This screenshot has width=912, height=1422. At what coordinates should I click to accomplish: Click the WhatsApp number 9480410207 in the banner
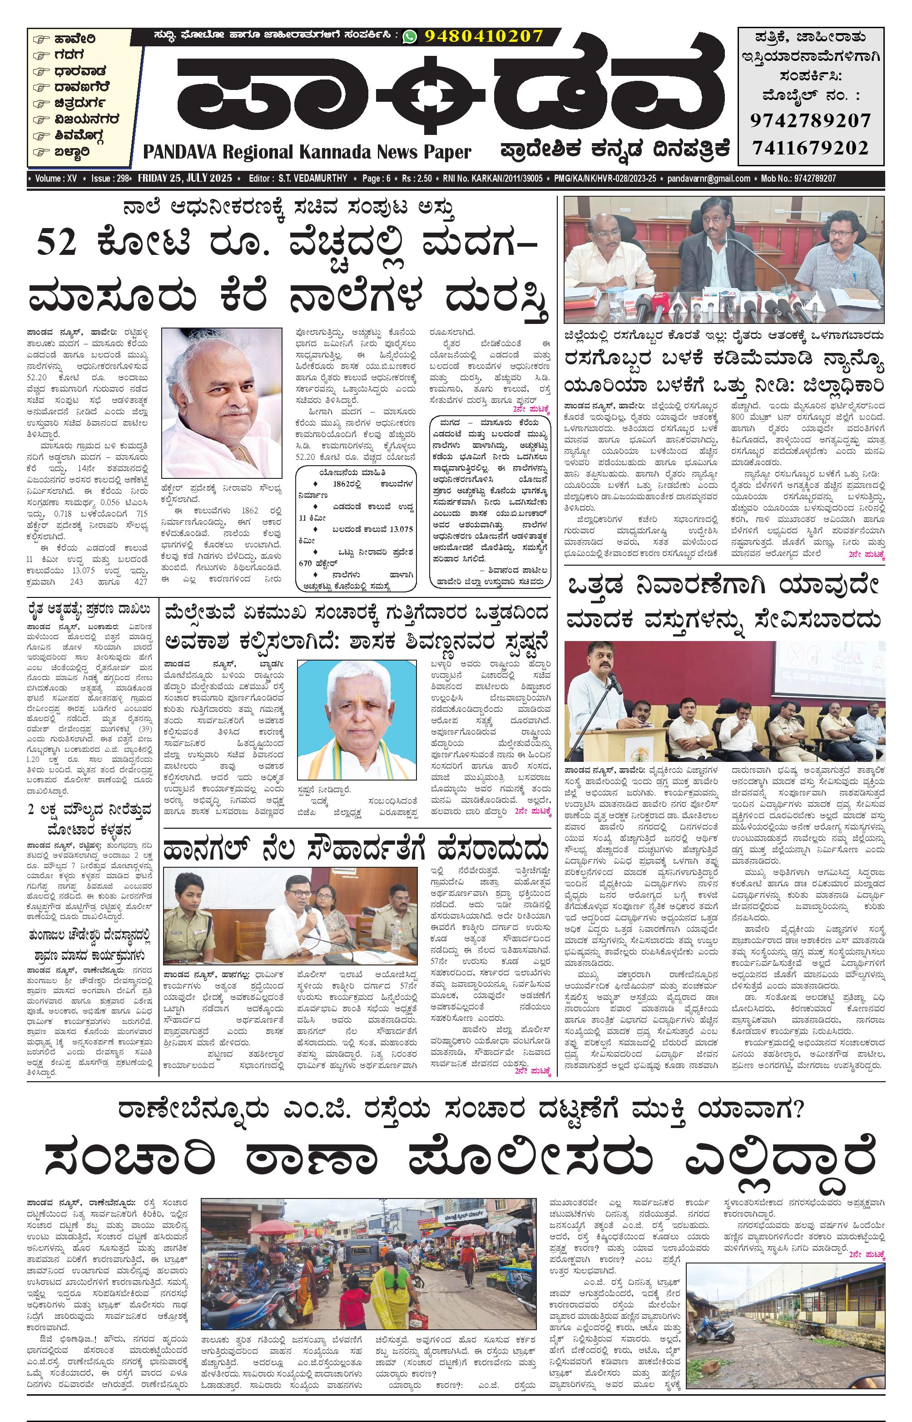pyautogui.click(x=483, y=36)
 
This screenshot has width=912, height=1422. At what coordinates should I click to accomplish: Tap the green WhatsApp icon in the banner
pyautogui.click(x=409, y=37)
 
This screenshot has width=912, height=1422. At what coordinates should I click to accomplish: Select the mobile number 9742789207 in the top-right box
pyautogui.click(x=810, y=121)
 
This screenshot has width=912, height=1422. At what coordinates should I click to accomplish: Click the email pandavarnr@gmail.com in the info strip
pyautogui.click(x=708, y=178)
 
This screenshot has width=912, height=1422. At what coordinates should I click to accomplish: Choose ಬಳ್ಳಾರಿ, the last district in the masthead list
pyautogui.click(x=72, y=152)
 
